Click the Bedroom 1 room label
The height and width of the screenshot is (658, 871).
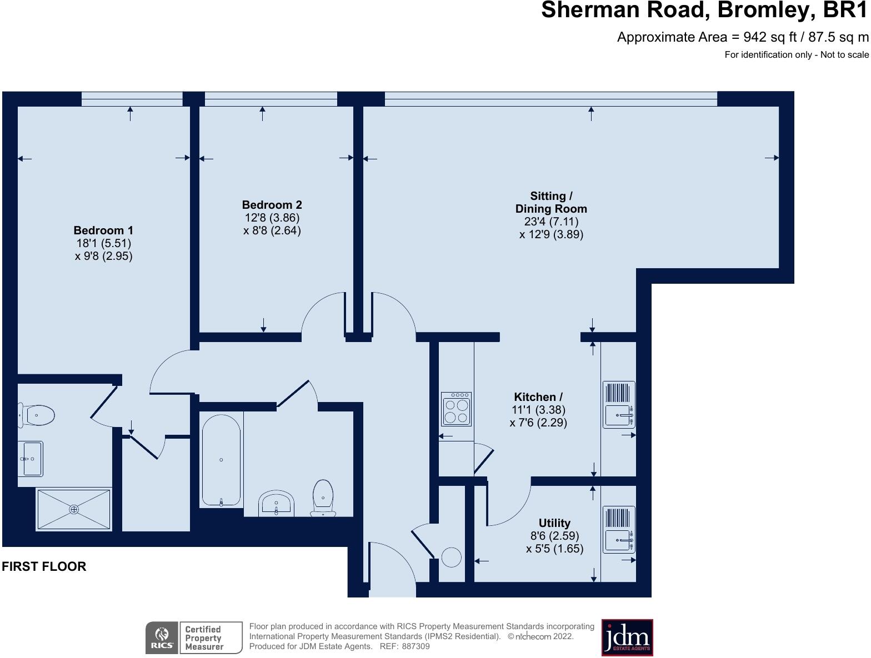103,230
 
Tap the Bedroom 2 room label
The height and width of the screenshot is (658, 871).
272,205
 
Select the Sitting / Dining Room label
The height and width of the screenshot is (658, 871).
551,202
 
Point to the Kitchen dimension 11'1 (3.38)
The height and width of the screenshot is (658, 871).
538,410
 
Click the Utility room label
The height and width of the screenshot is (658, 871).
554,523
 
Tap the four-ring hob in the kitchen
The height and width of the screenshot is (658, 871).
456,409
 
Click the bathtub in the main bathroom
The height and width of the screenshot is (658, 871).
221,460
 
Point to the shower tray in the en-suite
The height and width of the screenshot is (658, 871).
74,509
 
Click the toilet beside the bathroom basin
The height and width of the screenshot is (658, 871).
323,498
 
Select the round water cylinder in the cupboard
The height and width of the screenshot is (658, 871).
451,557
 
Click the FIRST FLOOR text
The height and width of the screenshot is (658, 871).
44,566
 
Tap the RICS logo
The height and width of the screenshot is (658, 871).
162,637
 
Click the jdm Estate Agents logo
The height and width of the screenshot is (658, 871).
627,637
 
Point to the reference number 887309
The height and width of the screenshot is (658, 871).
416,646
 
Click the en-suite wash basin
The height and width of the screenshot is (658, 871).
30,459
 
